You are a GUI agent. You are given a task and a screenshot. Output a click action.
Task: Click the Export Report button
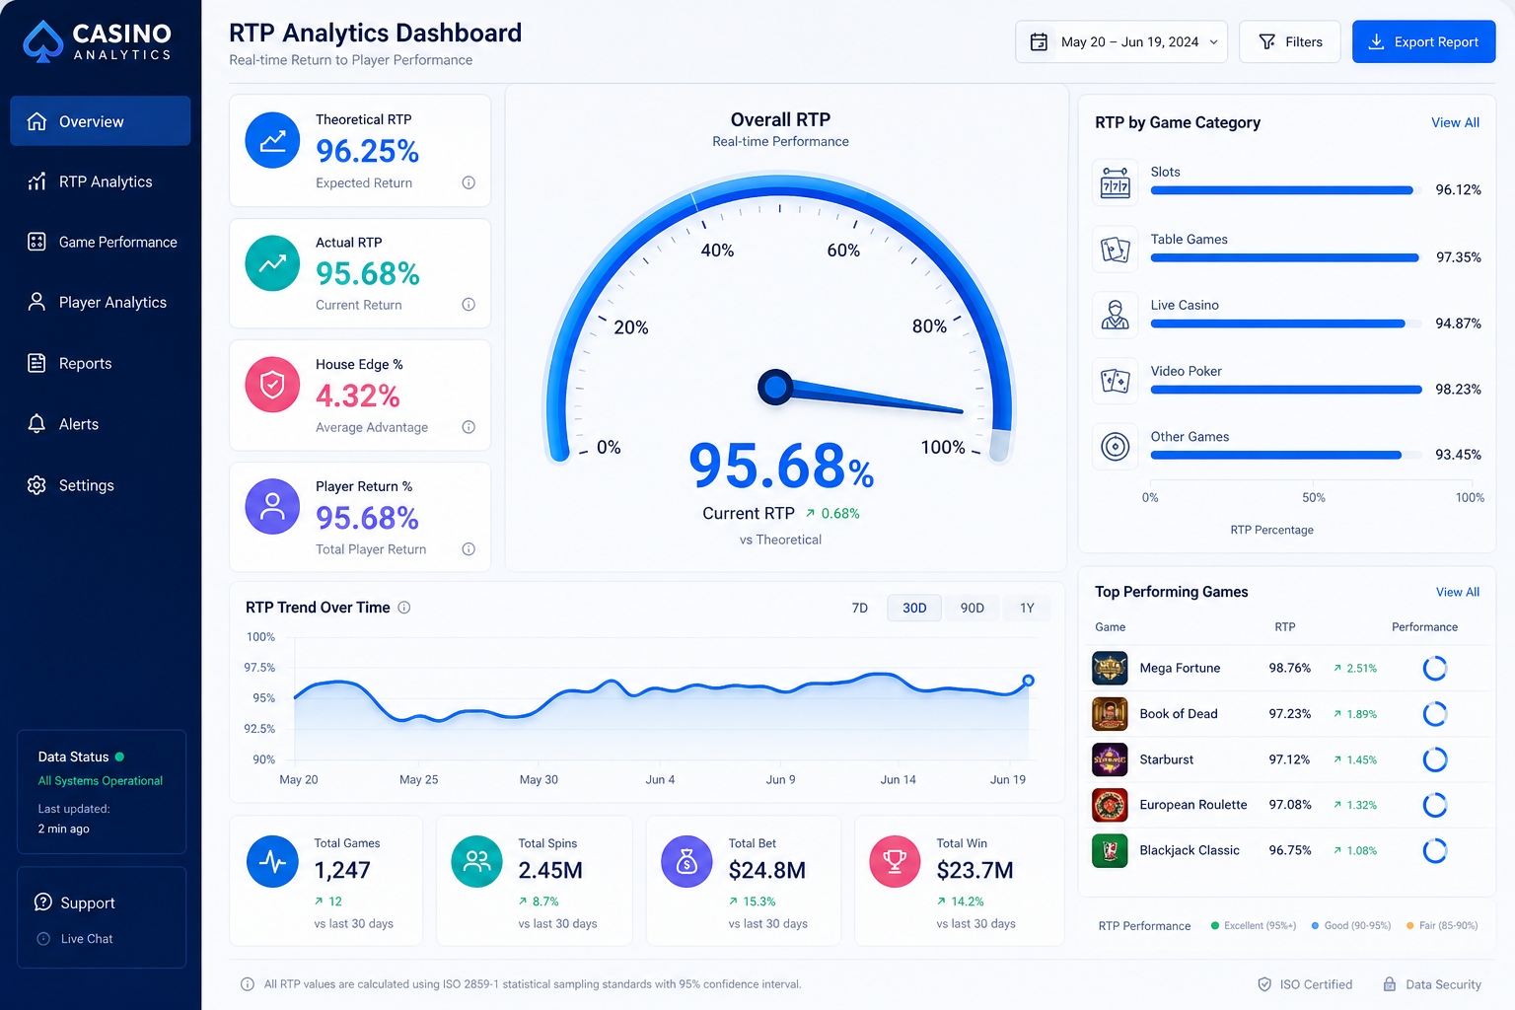[x=1423, y=42]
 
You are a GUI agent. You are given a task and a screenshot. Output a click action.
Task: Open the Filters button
[x=1290, y=42]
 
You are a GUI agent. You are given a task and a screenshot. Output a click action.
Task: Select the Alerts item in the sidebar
[x=79, y=424]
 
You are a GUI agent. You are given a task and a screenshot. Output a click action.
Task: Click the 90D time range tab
[x=972, y=608]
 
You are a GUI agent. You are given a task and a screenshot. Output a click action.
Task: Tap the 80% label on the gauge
[x=929, y=326]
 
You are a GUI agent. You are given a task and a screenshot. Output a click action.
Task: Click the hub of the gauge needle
[x=775, y=387]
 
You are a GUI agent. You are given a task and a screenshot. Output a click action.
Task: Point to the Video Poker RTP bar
[x=1286, y=390]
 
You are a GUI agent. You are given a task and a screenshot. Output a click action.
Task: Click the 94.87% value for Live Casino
[x=1458, y=324]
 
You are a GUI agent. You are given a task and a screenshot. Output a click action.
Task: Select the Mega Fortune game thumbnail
[x=1110, y=669]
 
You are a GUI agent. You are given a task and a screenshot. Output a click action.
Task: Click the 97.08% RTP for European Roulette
[x=1290, y=804]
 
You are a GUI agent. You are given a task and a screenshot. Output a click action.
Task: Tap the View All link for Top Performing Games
[x=1458, y=592]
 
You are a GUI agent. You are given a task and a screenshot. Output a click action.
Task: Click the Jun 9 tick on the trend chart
[x=780, y=779]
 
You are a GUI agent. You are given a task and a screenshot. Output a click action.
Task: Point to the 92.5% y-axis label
[x=259, y=729]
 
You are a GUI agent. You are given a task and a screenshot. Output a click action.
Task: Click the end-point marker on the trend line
[x=1028, y=681]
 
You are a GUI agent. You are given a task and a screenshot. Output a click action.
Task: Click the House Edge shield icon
[x=272, y=385]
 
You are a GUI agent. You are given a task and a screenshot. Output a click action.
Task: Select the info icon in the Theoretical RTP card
[x=469, y=182]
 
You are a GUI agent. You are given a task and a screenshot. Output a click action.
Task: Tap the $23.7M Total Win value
[x=974, y=870]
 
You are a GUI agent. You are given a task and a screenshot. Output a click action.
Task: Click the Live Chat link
[x=87, y=939]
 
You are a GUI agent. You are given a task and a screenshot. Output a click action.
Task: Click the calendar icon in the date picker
[x=1039, y=42]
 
